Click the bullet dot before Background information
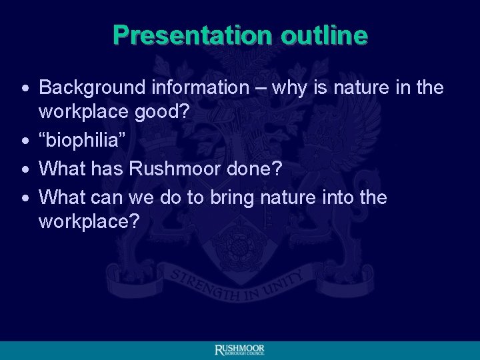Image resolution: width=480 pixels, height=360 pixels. coord(24,89)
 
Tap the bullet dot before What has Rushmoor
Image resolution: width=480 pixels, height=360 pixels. coord(24,170)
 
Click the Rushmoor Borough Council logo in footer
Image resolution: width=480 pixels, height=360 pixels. coord(239,351)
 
